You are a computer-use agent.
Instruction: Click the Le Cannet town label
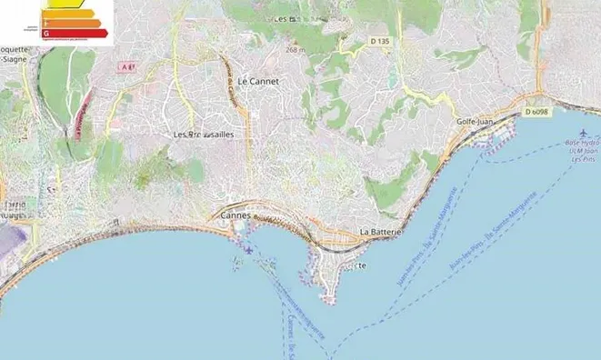(257, 82)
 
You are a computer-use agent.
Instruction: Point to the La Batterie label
(381, 233)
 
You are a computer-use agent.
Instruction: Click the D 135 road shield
(380, 42)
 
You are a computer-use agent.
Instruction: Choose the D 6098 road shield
(536, 112)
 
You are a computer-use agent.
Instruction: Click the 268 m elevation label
(295, 49)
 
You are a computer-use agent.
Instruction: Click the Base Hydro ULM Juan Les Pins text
(583, 150)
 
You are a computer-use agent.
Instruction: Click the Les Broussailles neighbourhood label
(204, 135)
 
